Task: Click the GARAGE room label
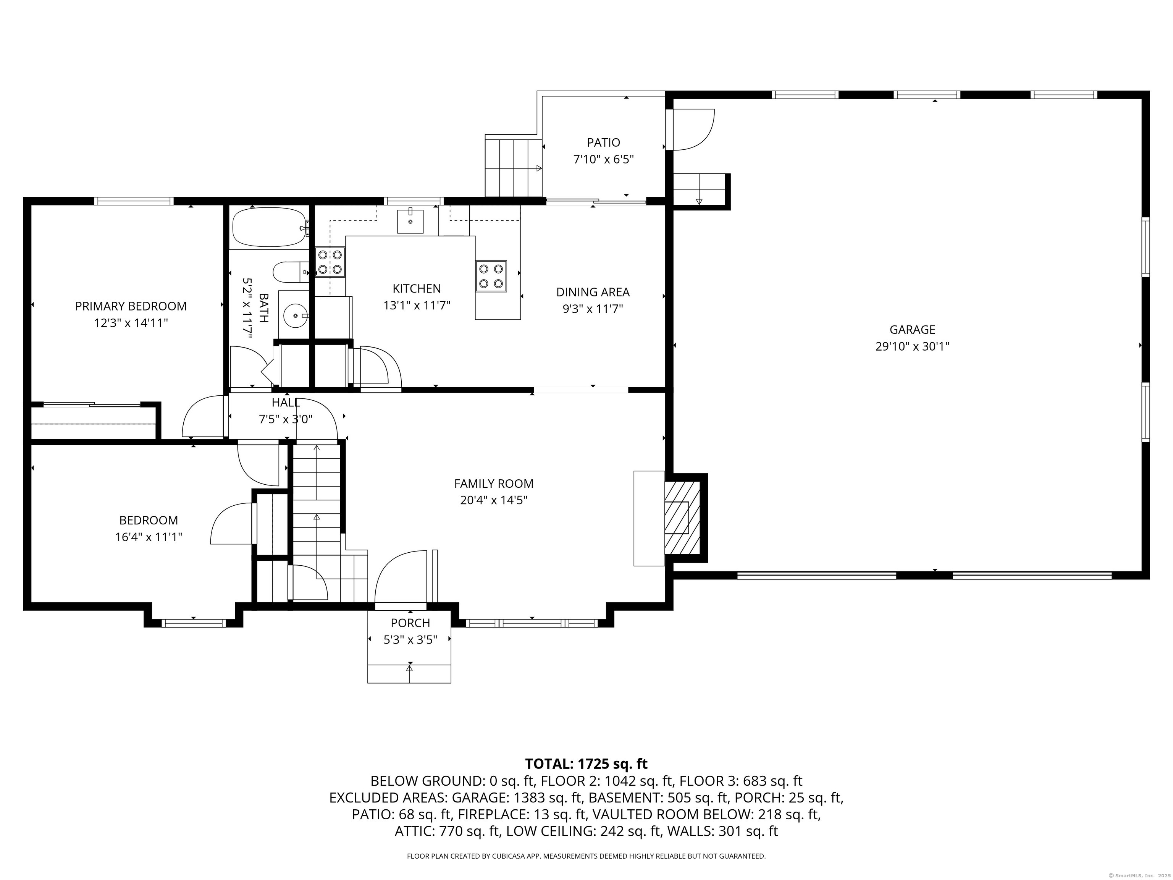[x=912, y=329]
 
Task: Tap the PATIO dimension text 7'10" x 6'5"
[x=603, y=159]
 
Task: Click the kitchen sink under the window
[x=410, y=221]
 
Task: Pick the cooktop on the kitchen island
[x=491, y=276]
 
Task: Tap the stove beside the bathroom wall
[x=330, y=262]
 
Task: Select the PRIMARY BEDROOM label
[x=131, y=306]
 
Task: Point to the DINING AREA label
[x=593, y=292]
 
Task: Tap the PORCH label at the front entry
[x=410, y=623]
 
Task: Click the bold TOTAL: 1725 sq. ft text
[x=586, y=764]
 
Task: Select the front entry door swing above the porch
[x=401, y=577]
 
